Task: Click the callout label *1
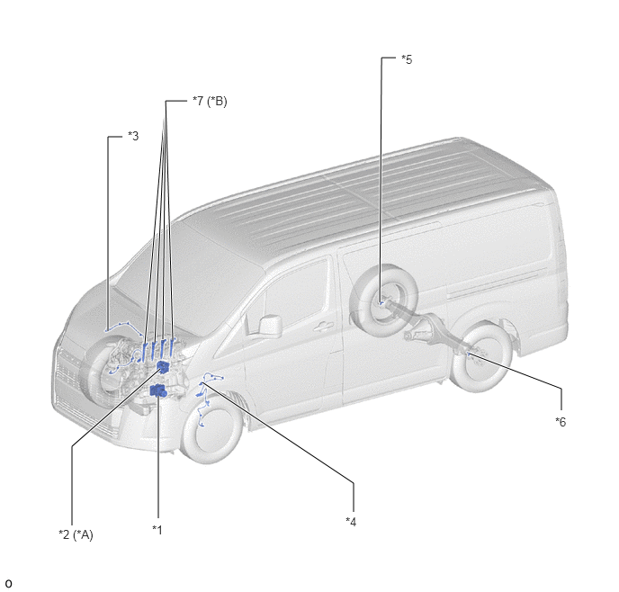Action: click(157, 530)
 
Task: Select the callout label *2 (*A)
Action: click(76, 534)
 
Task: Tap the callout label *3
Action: click(133, 136)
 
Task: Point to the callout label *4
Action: click(351, 522)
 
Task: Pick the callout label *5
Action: click(407, 59)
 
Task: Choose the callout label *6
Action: click(561, 422)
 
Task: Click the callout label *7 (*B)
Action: click(210, 102)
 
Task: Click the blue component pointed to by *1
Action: click(158, 390)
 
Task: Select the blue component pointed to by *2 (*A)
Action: click(163, 367)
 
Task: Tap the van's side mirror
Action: click(270, 327)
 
